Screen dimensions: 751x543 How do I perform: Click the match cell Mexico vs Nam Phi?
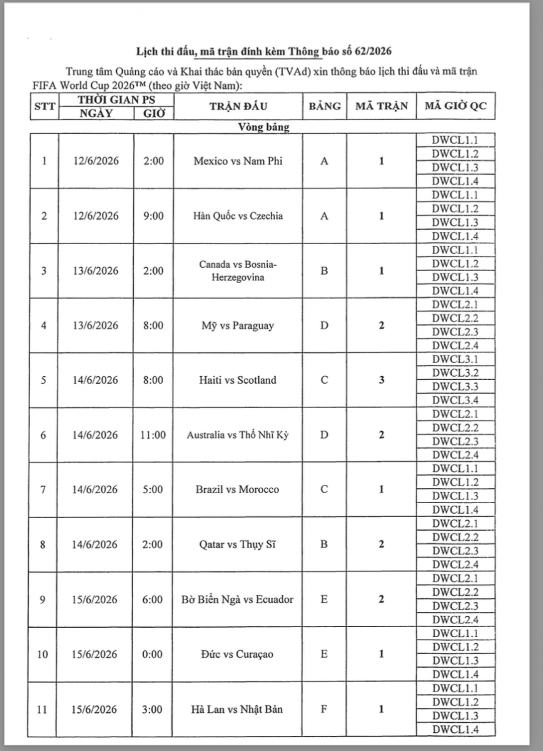click(238, 161)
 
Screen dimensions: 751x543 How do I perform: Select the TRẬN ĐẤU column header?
click(238, 106)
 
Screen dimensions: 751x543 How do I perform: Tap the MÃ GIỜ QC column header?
click(455, 106)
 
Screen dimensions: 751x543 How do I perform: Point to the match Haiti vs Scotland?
click(238, 380)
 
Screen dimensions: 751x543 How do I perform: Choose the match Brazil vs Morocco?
click(238, 489)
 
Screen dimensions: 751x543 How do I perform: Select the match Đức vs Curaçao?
click(238, 654)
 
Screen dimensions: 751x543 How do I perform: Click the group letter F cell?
click(324, 709)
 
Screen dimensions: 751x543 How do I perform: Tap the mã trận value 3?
click(381, 380)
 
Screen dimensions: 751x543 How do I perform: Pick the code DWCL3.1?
click(455, 359)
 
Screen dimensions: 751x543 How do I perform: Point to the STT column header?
click(44, 106)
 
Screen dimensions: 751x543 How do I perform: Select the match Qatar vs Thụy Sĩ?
click(238, 544)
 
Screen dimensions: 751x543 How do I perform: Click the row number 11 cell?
click(43, 709)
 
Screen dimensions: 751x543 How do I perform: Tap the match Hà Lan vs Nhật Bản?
click(238, 709)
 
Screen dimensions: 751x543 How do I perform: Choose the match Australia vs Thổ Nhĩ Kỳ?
click(238, 435)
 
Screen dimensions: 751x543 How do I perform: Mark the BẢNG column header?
click(324, 106)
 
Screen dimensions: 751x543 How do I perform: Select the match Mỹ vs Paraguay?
click(238, 325)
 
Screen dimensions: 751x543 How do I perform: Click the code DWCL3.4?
click(455, 400)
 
